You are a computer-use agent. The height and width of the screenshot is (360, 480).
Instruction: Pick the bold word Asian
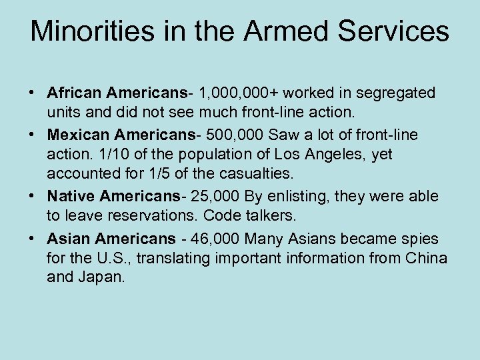pyautogui.click(x=69, y=238)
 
